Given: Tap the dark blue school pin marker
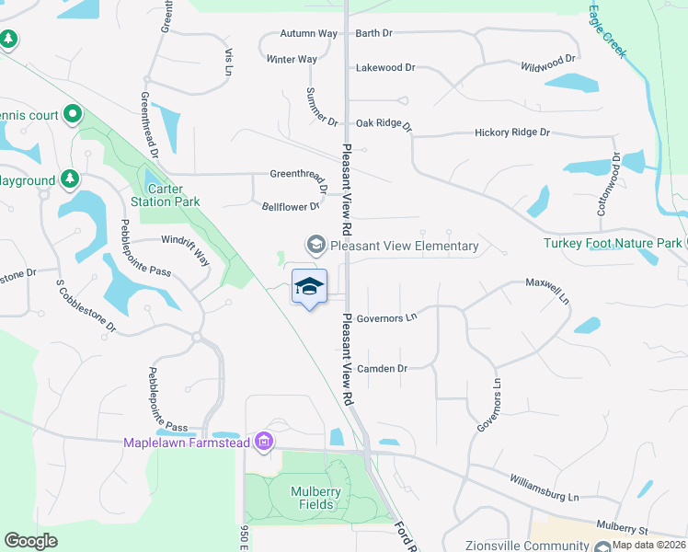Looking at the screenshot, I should [x=309, y=288].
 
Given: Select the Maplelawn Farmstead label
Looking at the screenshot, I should [x=188, y=443].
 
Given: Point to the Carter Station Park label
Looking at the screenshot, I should [x=166, y=195].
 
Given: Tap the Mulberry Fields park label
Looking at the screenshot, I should [x=316, y=498].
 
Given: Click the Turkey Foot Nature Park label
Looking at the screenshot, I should [x=613, y=243].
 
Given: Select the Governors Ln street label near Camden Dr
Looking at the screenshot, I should [x=387, y=317].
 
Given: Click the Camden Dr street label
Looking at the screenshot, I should [x=382, y=368].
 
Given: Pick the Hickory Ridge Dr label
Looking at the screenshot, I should [x=512, y=132].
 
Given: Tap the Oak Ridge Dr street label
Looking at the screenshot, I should [x=384, y=122].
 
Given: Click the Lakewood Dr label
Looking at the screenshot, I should [x=386, y=67].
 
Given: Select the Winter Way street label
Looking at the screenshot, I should [x=292, y=59].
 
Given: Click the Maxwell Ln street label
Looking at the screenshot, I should [x=548, y=291].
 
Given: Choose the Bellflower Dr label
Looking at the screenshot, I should [x=291, y=207].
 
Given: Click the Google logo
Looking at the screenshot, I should [x=31, y=540].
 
